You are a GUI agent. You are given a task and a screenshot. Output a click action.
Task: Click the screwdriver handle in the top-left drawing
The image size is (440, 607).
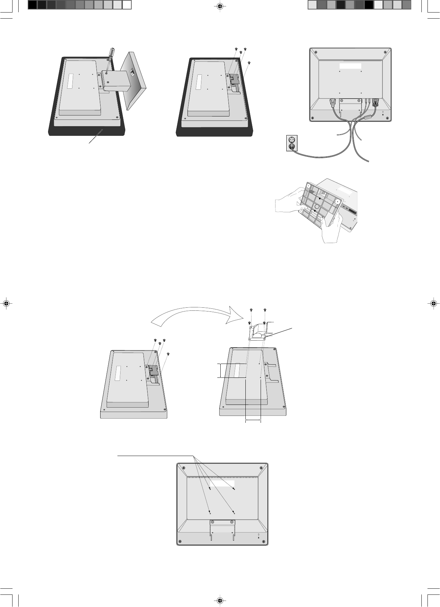tap(111, 53)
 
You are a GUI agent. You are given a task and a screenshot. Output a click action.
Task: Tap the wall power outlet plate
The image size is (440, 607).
tap(292, 143)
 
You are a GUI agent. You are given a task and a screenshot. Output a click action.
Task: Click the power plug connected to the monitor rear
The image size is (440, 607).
tap(332, 102)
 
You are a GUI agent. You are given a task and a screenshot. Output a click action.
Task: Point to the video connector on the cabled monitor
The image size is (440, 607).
tap(375, 102)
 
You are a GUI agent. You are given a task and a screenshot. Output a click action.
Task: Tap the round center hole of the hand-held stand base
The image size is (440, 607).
tap(317, 206)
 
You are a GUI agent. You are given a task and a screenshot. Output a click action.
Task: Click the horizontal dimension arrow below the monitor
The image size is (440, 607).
tap(253, 421)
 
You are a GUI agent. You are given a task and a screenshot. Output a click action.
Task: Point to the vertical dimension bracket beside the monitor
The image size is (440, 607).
tap(220, 370)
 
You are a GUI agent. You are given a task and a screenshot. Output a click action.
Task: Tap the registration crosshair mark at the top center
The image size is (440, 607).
tap(220, 6)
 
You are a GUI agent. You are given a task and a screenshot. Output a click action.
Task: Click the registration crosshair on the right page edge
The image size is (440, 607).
tap(434, 303)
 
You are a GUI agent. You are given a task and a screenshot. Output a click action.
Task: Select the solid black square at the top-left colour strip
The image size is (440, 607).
tap(32, 5)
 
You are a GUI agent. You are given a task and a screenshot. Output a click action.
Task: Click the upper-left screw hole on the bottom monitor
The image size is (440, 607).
tap(210, 489)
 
